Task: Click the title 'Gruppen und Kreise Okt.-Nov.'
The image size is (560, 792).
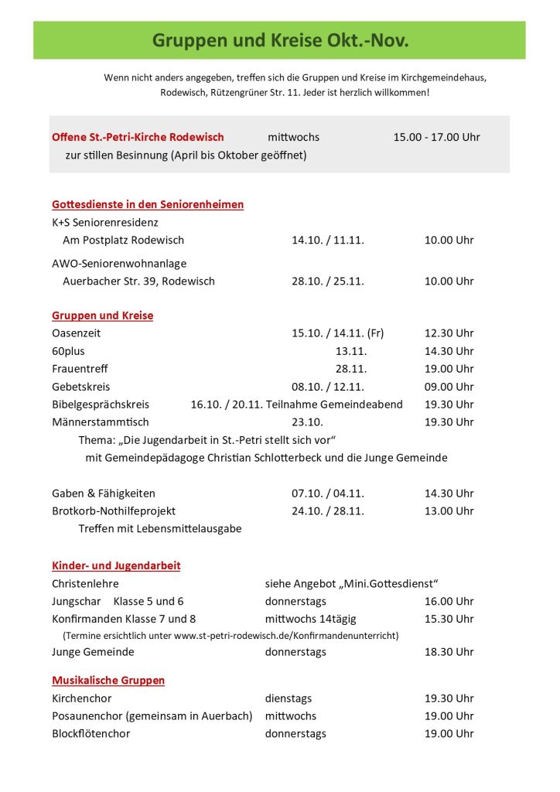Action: (280, 40)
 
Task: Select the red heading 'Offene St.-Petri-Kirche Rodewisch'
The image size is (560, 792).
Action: (138, 137)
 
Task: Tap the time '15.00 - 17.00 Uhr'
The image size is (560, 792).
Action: (436, 137)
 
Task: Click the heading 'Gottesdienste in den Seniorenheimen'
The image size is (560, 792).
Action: (148, 204)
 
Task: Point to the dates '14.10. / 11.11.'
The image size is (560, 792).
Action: (327, 240)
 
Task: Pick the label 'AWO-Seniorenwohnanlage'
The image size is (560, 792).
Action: (119, 263)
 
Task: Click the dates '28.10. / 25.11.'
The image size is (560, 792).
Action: (327, 281)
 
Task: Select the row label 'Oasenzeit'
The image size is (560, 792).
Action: (76, 333)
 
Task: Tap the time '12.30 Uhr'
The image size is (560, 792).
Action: (449, 333)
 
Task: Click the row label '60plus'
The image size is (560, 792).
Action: (68, 351)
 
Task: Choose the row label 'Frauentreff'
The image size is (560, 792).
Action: (80, 369)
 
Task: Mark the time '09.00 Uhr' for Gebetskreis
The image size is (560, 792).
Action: (449, 387)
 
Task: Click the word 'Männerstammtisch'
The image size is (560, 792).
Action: (101, 422)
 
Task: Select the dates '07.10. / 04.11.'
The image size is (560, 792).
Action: (327, 493)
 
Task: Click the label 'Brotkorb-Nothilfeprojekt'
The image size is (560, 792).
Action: (114, 511)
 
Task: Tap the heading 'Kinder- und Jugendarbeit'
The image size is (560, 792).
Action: (116, 565)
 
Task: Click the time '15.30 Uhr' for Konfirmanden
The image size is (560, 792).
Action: (449, 619)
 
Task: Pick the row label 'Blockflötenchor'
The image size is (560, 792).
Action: (90, 733)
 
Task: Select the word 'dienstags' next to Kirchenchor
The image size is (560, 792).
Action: (289, 698)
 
